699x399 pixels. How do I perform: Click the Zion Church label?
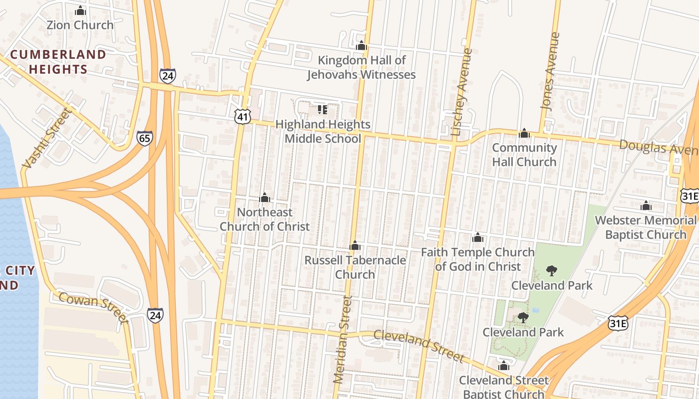tap(80, 25)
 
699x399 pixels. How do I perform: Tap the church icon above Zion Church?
tap(80, 10)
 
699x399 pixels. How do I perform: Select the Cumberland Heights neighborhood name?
tap(58, 61)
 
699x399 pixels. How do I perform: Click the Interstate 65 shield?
tap(145, 138)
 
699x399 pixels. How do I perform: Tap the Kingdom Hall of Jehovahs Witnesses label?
tap(361, 67)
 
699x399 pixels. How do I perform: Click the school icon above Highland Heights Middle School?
tap(322, 109)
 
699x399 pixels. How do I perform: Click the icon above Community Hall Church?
tap(524, 133)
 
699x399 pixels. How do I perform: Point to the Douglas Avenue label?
tap(659, 148)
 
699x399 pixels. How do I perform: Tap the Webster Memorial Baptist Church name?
tap(646, 227)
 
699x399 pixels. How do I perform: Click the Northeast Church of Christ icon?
tap(265, 198)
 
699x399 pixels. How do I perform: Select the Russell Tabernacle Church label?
tap(355, 267)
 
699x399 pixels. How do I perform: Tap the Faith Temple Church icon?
tap(478, 237)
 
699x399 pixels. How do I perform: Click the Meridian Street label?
tap(342, 340)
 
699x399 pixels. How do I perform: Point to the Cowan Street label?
tap(94, 307)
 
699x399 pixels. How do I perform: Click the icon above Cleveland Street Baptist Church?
tap(503, 366)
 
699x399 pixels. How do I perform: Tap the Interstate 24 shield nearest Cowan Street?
tap(155, 315)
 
